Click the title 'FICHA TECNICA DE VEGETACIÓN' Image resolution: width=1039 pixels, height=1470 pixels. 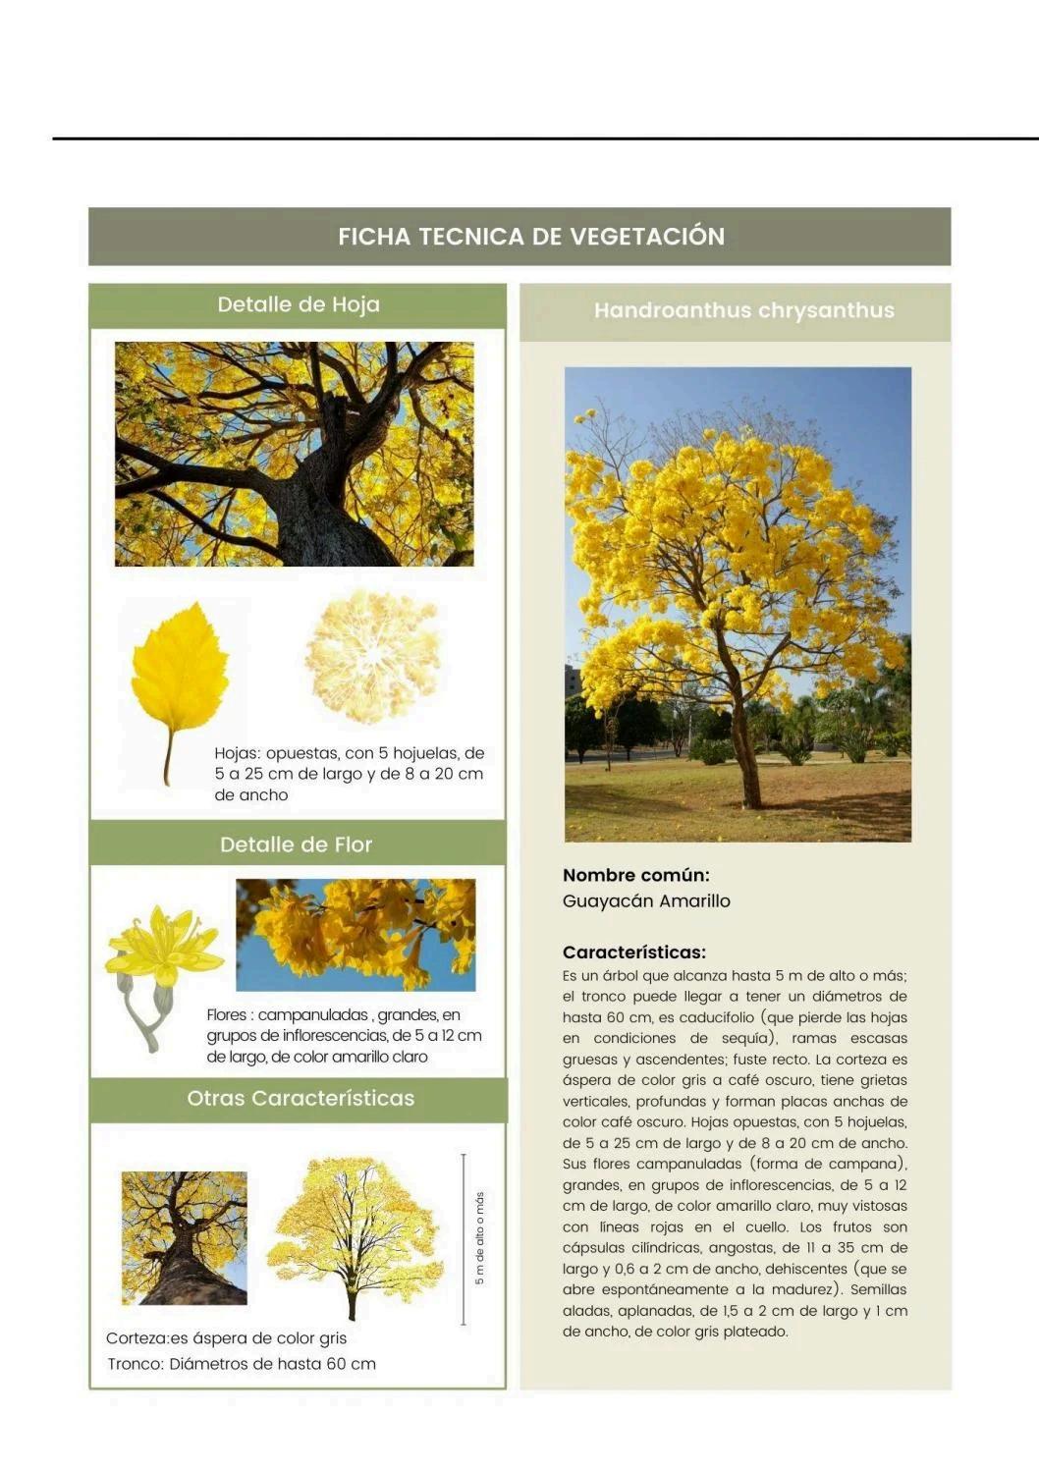pyautogui.click(x=531, y=237)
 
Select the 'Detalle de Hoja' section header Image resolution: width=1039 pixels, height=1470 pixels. pyautogui.click(x=299, y=305)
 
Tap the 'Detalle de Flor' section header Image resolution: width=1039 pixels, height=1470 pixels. pyautogui.click(x=297, y=844)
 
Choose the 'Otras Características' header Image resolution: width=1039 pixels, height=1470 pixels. pyautogui.click(x=301, y=1099)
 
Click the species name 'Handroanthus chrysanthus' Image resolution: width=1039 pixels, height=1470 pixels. pyautogui.click(x=743, y=311)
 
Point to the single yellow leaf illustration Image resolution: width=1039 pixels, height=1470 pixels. pyautogui.click(x=179, y=678)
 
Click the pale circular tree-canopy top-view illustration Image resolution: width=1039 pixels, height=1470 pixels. pyautogui.click(x=371, y=656)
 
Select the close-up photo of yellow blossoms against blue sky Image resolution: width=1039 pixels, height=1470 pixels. pyautogui.click(x=355, y=934)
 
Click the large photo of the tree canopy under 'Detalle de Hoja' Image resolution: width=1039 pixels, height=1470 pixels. pyautogui.click(x=294, y=454)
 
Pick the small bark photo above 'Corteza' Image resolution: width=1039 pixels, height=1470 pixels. pyautogui.click(x=185, y=1237)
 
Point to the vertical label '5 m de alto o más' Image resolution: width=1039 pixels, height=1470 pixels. pyautogui.click(x=479, y=1238)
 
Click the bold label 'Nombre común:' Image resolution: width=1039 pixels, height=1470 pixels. pyautogui.click(x=635, y=875)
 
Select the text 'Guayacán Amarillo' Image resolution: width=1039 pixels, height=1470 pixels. pyautogui.click(x=646, y=901)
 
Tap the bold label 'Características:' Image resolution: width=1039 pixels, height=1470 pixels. pyautogui.click(x=633, y=953)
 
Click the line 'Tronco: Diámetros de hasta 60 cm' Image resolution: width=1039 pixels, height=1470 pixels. pyautogui.click(x=242, y=1364)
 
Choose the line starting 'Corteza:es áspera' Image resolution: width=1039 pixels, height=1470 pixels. pyautogui.click(x=226, y=1338)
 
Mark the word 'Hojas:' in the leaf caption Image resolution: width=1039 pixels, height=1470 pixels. pyautogui.click(x=236, y=754)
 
